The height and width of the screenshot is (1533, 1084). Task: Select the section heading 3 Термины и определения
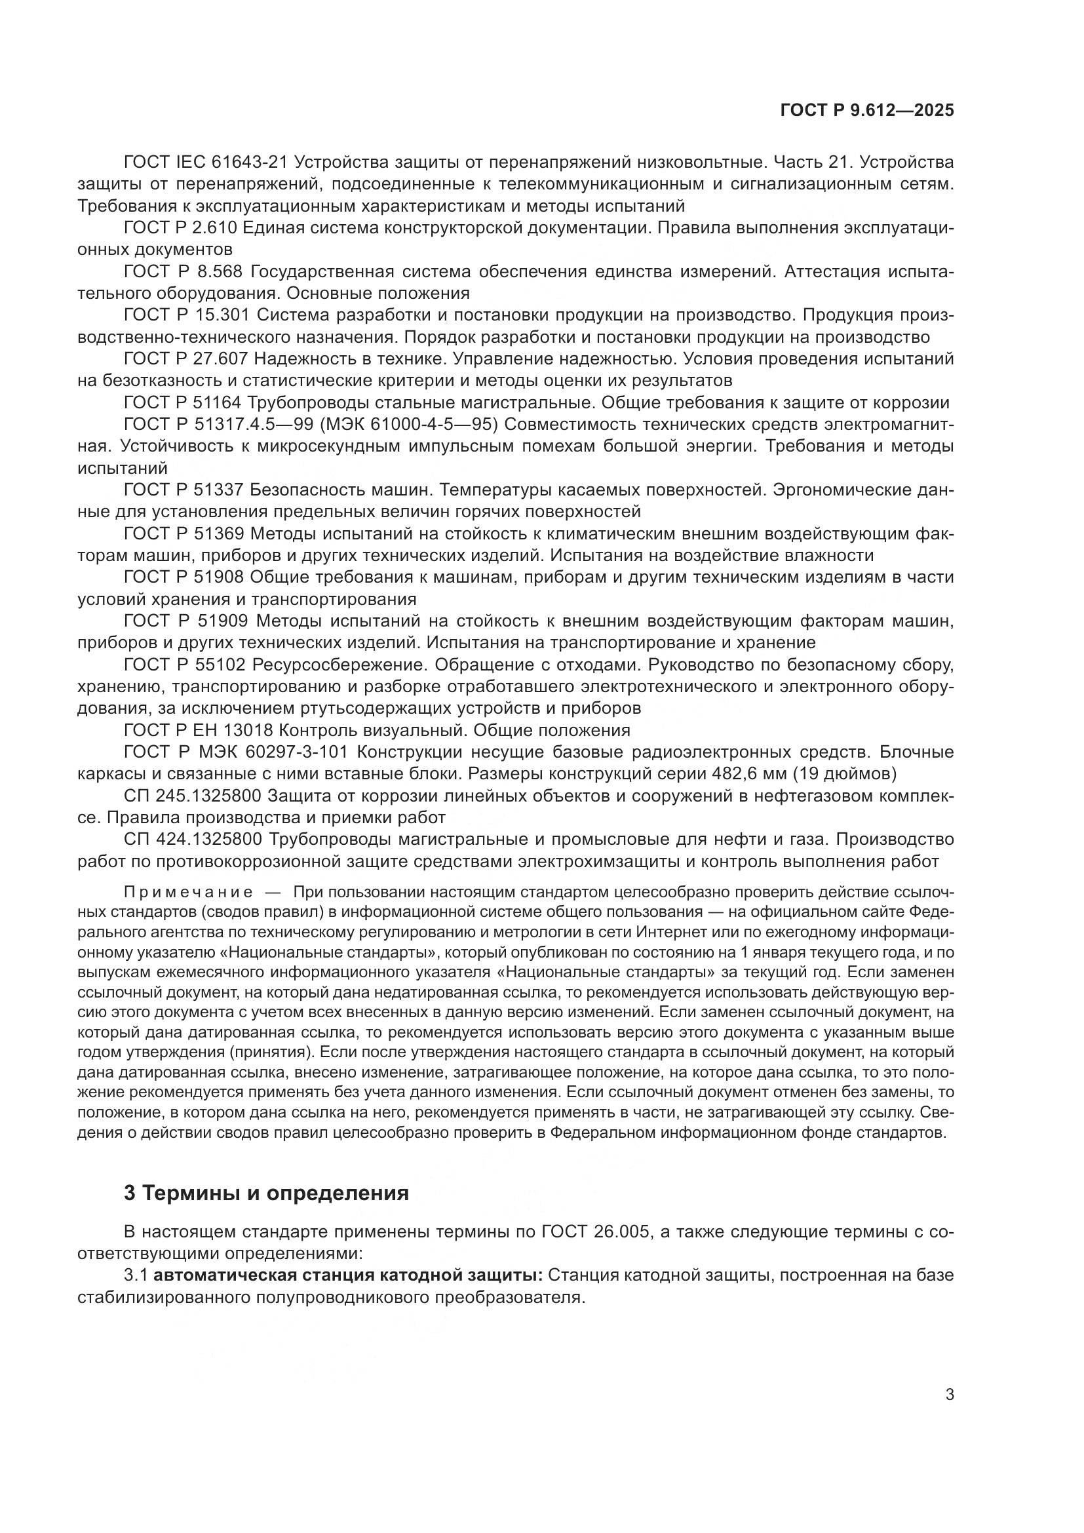point(265,1192)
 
